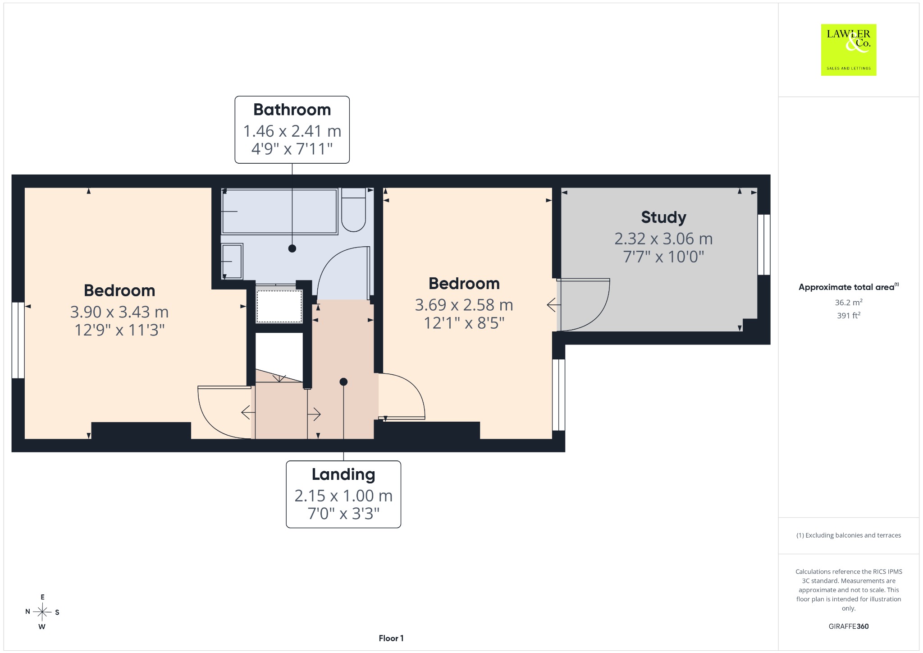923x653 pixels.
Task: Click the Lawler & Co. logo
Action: pyautogui.click(x=848, y=50)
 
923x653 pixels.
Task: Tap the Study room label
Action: pyautogui.click(x=663, y=217)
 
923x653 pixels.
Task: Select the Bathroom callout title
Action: pyautogui.click(x=292, y=110)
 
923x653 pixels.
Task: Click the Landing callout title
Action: pyautogui.click(x=343, y=474)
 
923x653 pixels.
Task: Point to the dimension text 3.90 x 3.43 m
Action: pyautogui.click(x=119, y=312)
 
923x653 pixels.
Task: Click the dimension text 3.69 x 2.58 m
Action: pyautogui.click(x=464, y=305)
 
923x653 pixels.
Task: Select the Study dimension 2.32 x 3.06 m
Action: pyautogui.click(x=663, y=239)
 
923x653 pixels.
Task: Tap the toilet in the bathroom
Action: pyautogui.click(x=353, y=210)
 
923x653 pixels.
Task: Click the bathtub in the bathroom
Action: pyautogui.click(x=279, y=211)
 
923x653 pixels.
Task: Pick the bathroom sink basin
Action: pyautogui.click(x=232, y=261)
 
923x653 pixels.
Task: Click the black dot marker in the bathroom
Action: pyautogui.click(x=292, y=248)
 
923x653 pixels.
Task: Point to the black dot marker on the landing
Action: pyautogui.click(x=343, y=382)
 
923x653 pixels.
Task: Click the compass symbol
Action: pyautogui.click(x=42, y=612)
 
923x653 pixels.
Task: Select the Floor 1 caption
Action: pyautogui.click(x=391, y=638)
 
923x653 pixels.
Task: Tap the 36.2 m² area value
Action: pyautogui.click(x=849, y=303)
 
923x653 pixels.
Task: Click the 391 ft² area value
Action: pyautogui.click(x=849, y=316)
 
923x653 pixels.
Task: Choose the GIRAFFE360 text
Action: pyautogui.click(x=849, y=626)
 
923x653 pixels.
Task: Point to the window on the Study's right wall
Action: pyautogui.click(x=764, y=244)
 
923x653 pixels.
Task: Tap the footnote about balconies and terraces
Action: pyautogui.click(x=849, y=535)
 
